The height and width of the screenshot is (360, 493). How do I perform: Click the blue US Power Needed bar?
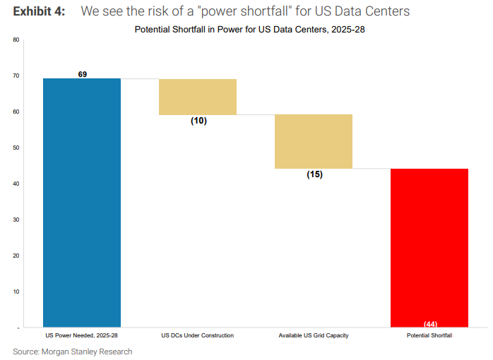click(x=82, y=203)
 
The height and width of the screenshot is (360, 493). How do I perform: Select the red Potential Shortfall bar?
click(x=429, y=248)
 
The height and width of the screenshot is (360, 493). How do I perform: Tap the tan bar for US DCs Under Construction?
click(x=198, y=97)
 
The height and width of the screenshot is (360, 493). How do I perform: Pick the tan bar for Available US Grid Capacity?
click(x=314, y=141)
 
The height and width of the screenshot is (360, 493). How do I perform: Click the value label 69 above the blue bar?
click(x=83, y=74)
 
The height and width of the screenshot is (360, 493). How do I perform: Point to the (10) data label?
click(x=198, y=121)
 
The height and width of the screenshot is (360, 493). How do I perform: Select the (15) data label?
click(x=314, y=174)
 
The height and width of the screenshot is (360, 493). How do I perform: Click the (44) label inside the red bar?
click(x=430, y=324)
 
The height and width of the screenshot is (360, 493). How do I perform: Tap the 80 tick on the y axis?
click(x=16, y=40)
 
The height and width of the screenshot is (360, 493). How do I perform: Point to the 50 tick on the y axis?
click(x=16, y=148)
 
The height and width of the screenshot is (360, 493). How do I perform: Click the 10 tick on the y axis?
click(x=16, y=292)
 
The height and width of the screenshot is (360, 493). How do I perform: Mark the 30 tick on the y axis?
click(x=16, y=220)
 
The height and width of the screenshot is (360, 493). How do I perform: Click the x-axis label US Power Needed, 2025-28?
click(x=82, y=335)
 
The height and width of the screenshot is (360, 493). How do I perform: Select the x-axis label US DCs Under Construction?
click(x=198, y=335)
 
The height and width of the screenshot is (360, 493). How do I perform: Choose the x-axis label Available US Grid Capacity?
click(x=314, y=335)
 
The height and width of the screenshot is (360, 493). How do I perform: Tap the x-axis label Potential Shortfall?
click(x=429, y=335)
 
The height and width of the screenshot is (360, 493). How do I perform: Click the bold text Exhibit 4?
click(x=39, y=11)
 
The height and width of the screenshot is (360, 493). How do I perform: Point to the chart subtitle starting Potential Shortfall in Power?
click(x=244, y=30)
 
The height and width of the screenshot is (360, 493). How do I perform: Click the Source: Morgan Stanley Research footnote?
click(x=73, y=352)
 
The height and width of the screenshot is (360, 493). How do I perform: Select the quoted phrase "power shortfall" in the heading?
click(x=243, y=11)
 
